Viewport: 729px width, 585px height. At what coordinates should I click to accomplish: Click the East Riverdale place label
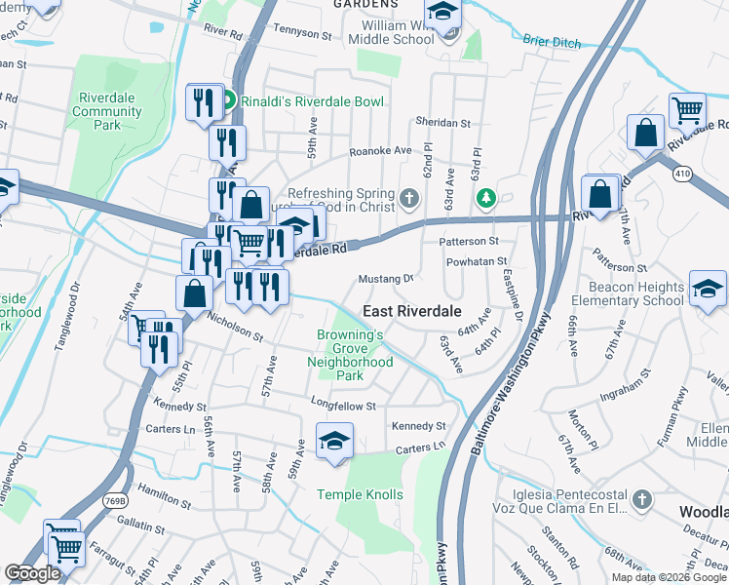pos(412,310)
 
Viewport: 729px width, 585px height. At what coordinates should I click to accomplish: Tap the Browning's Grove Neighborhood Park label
pos(355,355)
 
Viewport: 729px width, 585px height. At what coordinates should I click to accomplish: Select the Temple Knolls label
pos(360,495)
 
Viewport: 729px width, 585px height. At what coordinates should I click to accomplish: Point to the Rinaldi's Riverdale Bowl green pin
pos(227,101)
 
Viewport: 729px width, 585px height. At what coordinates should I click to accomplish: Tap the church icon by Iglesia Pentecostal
pos(641,500)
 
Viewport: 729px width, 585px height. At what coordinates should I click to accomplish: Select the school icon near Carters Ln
pos(334,441)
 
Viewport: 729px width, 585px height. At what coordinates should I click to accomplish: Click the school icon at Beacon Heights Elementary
pos(707,289)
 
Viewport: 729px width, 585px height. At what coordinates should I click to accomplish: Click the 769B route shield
pos(115,500)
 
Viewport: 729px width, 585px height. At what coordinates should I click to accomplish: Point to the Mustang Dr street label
pos(387,278)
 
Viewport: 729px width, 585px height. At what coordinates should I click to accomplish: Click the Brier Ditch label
pos(552,43)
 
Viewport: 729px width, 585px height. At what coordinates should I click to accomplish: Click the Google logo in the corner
pos(32,573)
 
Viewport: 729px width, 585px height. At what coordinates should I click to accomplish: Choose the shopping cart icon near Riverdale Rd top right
pos(688,110)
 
